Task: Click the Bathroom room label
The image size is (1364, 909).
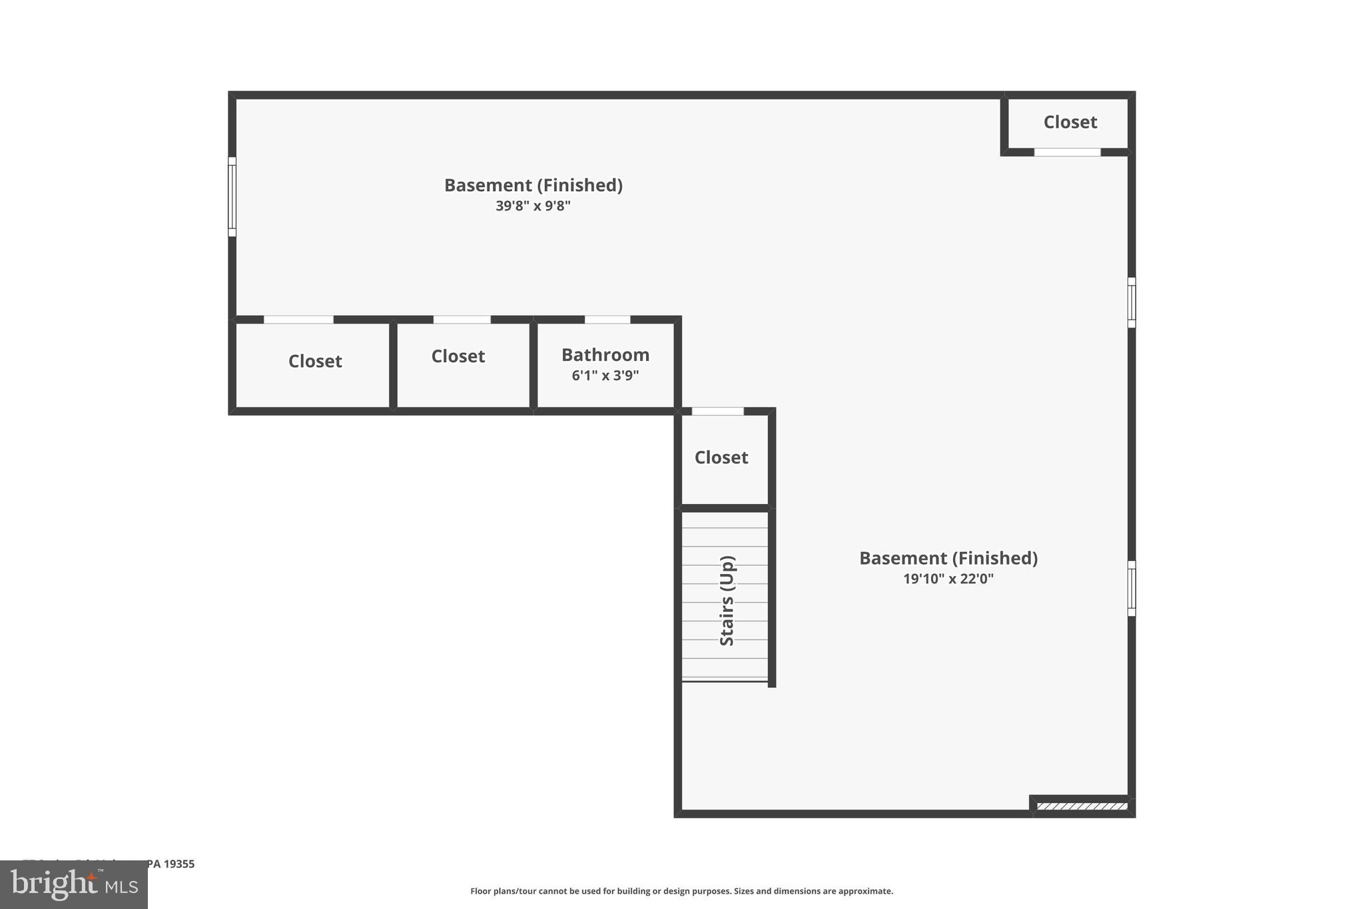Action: [x=605, y=355]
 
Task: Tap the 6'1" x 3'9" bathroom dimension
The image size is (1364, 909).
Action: [x=605, y=376]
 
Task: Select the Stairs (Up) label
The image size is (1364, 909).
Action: [x=727, y=601]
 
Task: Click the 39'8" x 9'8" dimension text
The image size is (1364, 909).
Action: [x=533, y=206]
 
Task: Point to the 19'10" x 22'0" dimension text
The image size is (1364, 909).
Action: [x=948, y=579]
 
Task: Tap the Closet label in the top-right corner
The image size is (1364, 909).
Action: [x=1070, y=122]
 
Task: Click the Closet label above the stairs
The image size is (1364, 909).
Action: [x=721, y=457]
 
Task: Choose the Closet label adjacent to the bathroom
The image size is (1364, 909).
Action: [x=458, y=356]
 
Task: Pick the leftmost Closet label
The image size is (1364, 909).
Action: [x=315, y=361]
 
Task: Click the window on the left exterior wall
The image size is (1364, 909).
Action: [x=232, y=196]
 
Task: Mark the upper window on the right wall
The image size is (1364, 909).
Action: [x=1131, y=302]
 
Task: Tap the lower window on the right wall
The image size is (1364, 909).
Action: [x=1131, y=588]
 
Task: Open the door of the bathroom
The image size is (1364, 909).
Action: [x=607, y=320]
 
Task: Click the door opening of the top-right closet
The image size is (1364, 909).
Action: [x=1067, y=152]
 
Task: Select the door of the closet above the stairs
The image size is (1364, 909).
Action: [x=717, y=412]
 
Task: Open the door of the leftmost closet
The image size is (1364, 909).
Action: [x=298, y=320]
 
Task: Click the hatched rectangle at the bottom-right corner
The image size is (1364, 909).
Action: [x=1082, y=806]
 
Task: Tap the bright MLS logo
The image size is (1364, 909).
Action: [x=74, y=885]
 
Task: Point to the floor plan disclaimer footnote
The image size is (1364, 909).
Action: [x=681, y=891]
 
